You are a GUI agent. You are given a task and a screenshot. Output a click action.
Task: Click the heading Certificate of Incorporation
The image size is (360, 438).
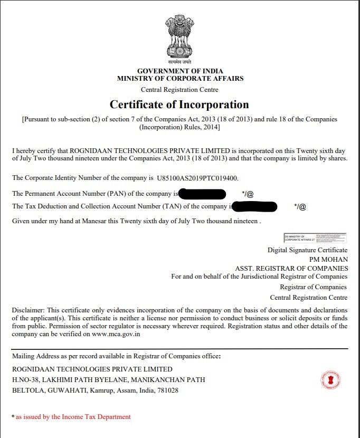(x=179, y=104)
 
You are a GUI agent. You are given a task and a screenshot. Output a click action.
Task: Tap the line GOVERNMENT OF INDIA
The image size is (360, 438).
(x=180, y=71)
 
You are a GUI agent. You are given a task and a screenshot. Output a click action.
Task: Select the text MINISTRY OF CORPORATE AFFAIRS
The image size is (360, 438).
(x=180, y=78)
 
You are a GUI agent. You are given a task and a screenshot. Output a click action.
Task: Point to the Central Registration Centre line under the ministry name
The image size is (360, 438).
(x=179, y=90)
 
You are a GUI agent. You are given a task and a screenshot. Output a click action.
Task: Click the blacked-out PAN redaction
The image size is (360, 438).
(x=202, y=194)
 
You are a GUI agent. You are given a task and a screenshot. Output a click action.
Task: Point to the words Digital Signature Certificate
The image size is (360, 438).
(x=307, y=250)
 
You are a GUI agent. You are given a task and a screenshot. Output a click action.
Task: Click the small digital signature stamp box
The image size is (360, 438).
(x=315, y=238)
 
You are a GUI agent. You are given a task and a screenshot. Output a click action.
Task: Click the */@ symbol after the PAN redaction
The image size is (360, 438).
(x=248, y=194)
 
